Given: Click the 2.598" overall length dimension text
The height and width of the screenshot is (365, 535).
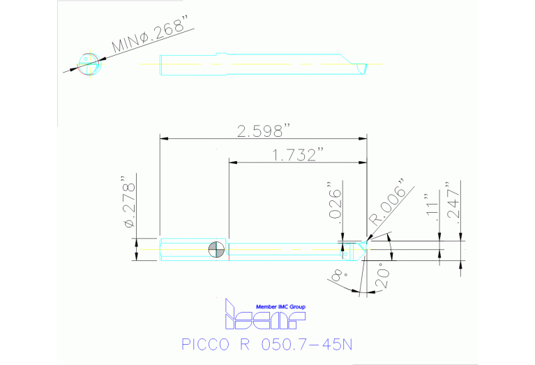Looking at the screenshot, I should (x=263, y=131).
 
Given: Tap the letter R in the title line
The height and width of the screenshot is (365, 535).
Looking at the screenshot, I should (x=241, y=345).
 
